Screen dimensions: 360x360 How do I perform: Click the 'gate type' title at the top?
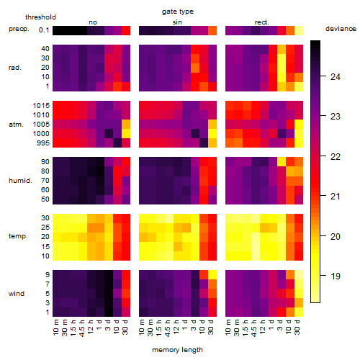pos(178,12)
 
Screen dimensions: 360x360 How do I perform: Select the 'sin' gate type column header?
pos(177,22)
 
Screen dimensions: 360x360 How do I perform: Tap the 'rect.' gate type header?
pos(261,22)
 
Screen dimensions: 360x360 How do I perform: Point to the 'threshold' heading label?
pos(40,17)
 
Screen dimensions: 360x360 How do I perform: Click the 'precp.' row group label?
pos(19,29)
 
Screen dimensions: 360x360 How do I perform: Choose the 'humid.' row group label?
pos(20,180)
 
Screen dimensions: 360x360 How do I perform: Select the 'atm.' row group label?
pos(16,125)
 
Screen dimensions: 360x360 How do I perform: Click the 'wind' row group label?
pos(17,293)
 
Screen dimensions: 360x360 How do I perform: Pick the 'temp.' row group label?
pos(18,236)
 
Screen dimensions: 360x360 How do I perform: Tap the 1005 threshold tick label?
pos(41,125)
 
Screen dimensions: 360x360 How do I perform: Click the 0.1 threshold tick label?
pos(44,30)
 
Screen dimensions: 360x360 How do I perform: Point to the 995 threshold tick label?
pos(43,143)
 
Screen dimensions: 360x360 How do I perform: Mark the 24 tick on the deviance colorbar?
pos(335,77)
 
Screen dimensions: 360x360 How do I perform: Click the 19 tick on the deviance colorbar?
pos(335,276)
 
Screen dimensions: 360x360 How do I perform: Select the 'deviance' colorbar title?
pos(341,29)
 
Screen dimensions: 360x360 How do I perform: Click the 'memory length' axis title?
pos(177,350)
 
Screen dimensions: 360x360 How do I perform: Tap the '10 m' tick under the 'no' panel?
pos(56,327)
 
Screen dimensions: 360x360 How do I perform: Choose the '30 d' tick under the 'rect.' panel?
pos(297,327)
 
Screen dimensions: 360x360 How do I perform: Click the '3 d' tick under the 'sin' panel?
pos(194,325)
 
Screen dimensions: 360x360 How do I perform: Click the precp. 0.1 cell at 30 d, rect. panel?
pos(299,30)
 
